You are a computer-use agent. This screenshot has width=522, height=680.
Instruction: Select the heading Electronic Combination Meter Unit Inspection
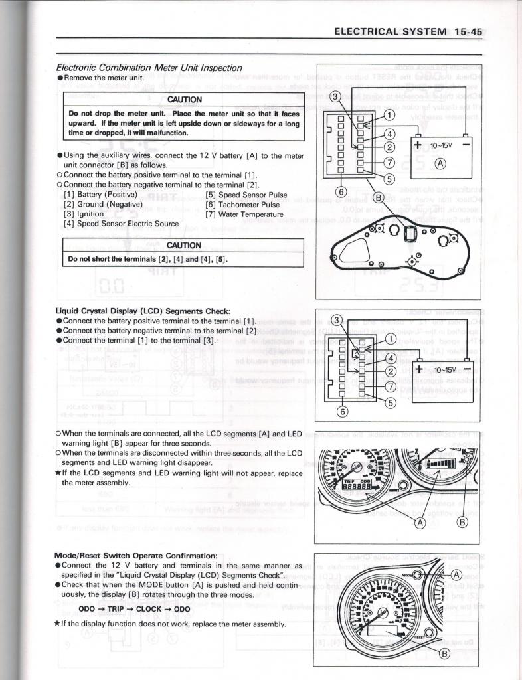[x=149, y=68]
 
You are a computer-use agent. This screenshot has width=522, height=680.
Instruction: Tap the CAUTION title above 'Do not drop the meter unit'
[x=184, y=100]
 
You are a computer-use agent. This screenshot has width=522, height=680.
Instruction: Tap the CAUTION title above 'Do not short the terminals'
[x=184, y=245]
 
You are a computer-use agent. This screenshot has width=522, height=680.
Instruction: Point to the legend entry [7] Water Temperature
[x=244, y=214]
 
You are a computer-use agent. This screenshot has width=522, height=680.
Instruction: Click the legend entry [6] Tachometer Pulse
[x=242, y=205]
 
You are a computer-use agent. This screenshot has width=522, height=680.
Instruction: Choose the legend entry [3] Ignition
[x=84, y=214]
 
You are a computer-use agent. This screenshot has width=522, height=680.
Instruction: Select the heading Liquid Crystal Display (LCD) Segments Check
[x=143, y=311]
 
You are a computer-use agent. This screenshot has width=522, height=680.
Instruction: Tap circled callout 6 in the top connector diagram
[x=341, y=191]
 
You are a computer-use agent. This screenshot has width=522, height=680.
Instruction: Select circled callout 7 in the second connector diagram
[x=389, y=386]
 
